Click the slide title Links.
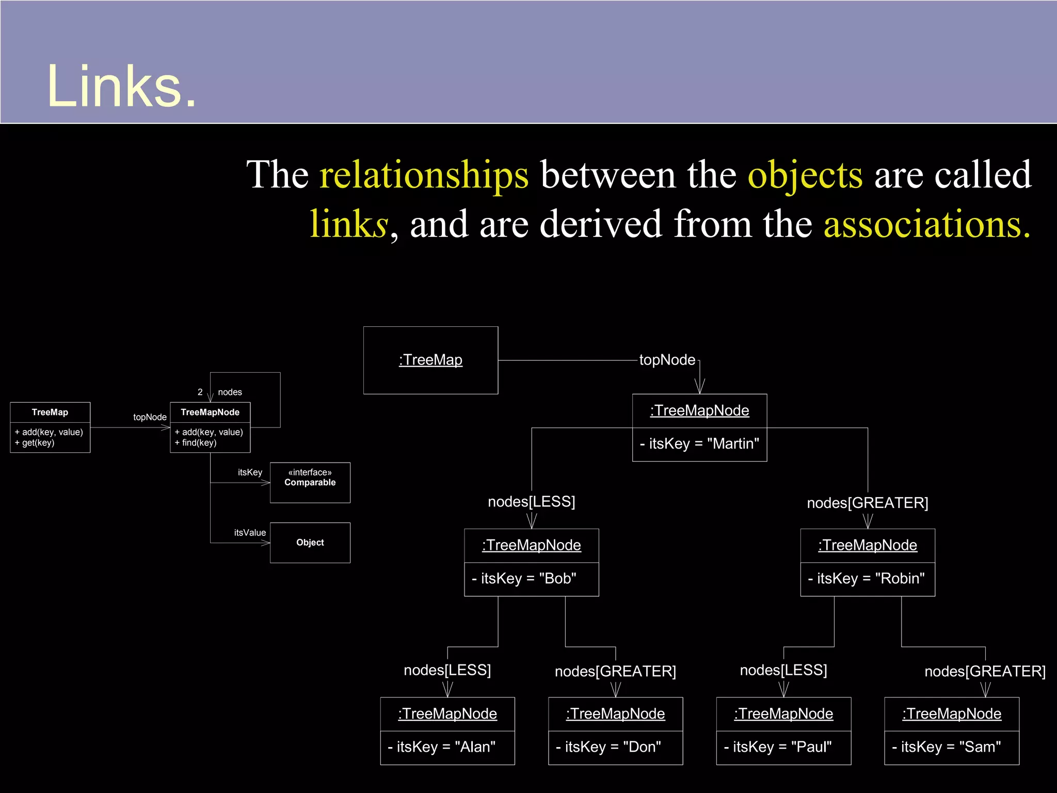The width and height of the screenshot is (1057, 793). [x=122, y=86]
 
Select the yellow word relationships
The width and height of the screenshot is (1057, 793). [x=424, y=175]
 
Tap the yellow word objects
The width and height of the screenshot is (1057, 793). [x=805, y=175]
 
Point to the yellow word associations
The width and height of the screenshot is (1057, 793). [x=927, y=224]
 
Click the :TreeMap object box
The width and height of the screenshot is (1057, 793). [x=430, y=360]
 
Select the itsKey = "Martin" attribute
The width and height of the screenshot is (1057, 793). [x=699, y=444]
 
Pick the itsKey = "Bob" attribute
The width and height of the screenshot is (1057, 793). [x=524, y=578]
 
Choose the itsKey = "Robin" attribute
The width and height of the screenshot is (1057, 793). [x=867, y=578]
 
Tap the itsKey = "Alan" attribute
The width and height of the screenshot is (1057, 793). [x=442, y=747]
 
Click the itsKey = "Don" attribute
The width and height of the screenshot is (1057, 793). [x=608, y=747]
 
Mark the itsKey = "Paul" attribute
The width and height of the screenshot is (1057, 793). [x=778, y=747]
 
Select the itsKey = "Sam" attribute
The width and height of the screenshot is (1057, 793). [x=947, y=747]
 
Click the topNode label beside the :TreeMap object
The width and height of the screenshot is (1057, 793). [x=667, y=360]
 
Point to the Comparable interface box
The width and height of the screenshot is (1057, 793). [x=310, y=482]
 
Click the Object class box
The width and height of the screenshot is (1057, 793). [x=310, y=543]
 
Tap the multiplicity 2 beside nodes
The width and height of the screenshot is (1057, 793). [x=200, y=392]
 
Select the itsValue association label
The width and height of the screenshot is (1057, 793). [x=250, y=532]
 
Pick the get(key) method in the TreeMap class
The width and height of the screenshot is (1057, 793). [x=35, y=443]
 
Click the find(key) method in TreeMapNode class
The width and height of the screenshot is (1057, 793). [x=196, y=443]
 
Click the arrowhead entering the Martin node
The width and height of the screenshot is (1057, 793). [x=700, y=387]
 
